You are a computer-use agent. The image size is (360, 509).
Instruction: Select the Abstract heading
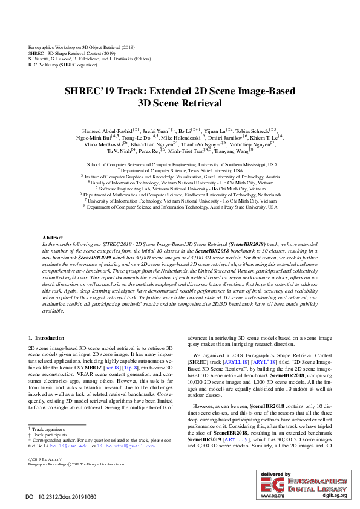(53, 239)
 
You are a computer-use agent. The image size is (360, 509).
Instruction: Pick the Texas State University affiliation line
(180, 170)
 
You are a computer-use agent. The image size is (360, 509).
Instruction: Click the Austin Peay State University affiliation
(180, 207)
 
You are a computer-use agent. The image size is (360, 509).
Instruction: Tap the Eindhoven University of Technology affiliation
(180, 195)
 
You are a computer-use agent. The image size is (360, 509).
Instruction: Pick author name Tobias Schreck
(253, 131)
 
